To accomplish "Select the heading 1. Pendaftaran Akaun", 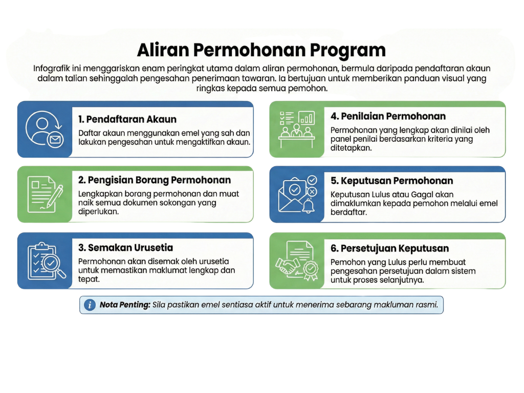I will coord(127,119).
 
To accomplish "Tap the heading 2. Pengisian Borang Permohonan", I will coord(154,180).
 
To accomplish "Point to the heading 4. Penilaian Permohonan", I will coord(388,116).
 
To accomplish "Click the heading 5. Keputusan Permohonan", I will coord(391,181).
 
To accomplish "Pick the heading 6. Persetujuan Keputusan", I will coord(389,248).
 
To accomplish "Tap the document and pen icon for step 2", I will coord(44,194).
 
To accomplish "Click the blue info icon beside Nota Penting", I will coord(90,305).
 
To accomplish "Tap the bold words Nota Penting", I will coord(124,305).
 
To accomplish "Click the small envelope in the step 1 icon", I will coord(54,139).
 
